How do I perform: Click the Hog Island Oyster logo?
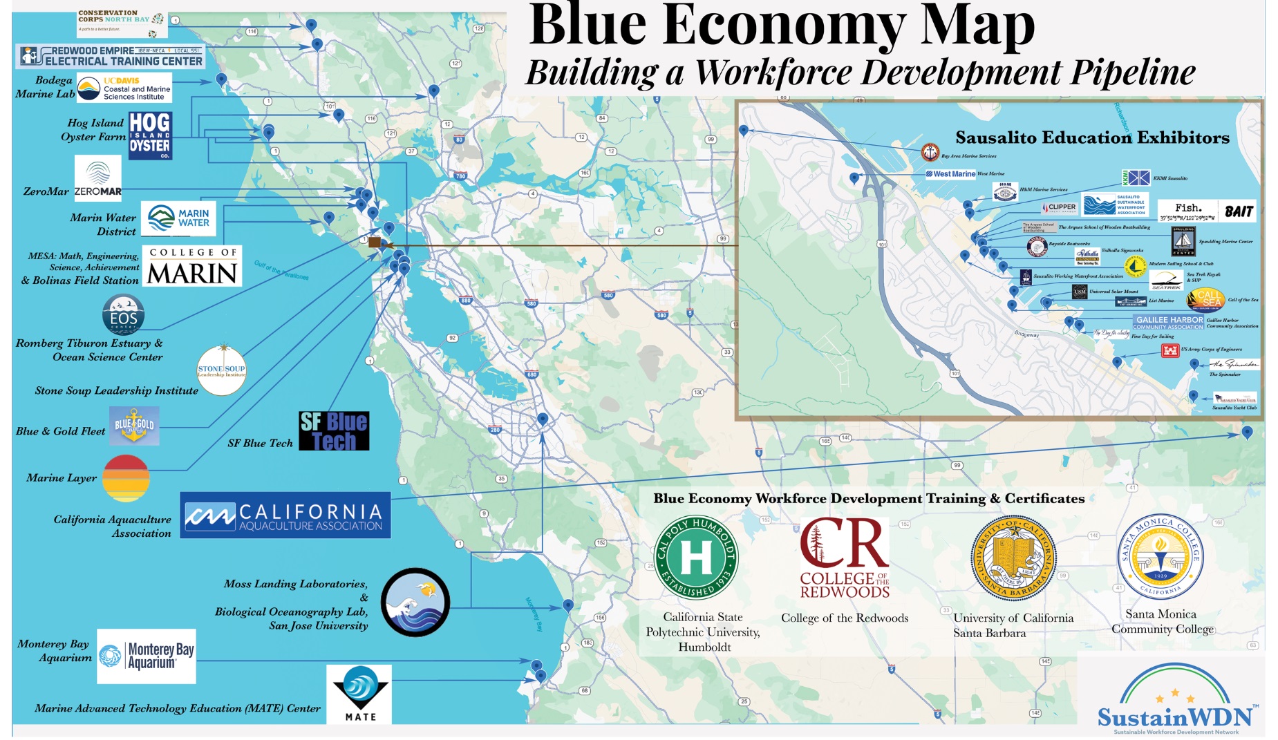click(x=150, y=135)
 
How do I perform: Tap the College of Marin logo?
click(x=192, y=266)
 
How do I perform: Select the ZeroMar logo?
click(x=97, y=178)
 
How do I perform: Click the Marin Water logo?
click(x=178, y=218)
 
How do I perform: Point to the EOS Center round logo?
click(x=123, y=314)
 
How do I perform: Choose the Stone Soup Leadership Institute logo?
click(x=221, y=370)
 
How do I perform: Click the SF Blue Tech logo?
click(x=334, y=431)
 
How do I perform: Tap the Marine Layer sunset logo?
click(x=126, y=478)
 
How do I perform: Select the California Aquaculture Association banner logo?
click(x=285, y=515)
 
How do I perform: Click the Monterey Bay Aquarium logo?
click(x=147, y=656)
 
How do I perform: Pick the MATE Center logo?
click(x=359, y=694)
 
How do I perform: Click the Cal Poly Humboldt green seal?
click(x=696, y=558)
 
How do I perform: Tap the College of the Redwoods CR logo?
click(x=844, y=558)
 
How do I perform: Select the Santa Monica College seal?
click(x=1160, y=557)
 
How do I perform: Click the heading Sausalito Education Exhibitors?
click(x=1092, y=137)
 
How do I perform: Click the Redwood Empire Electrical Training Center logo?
click(x=111, y=56)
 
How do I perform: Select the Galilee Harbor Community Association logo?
click(x=1168, y=322)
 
